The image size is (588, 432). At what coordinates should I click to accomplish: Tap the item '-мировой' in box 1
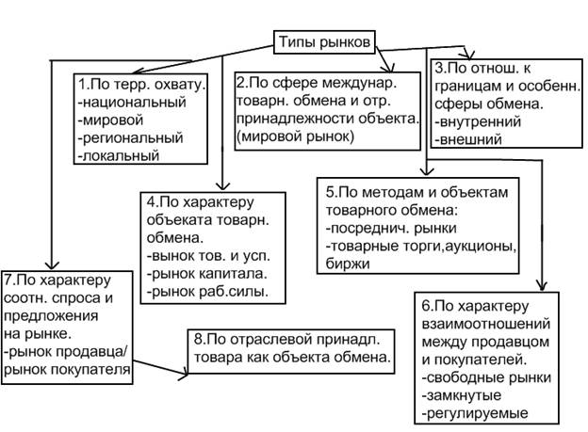coord(112,120)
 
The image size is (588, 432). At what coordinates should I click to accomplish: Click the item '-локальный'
coord(119,155)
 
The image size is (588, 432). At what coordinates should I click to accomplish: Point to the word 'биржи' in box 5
coord(344,264)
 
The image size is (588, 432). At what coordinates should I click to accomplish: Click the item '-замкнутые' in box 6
coord(462,394)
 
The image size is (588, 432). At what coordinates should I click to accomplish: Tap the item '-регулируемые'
coord(474,412)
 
